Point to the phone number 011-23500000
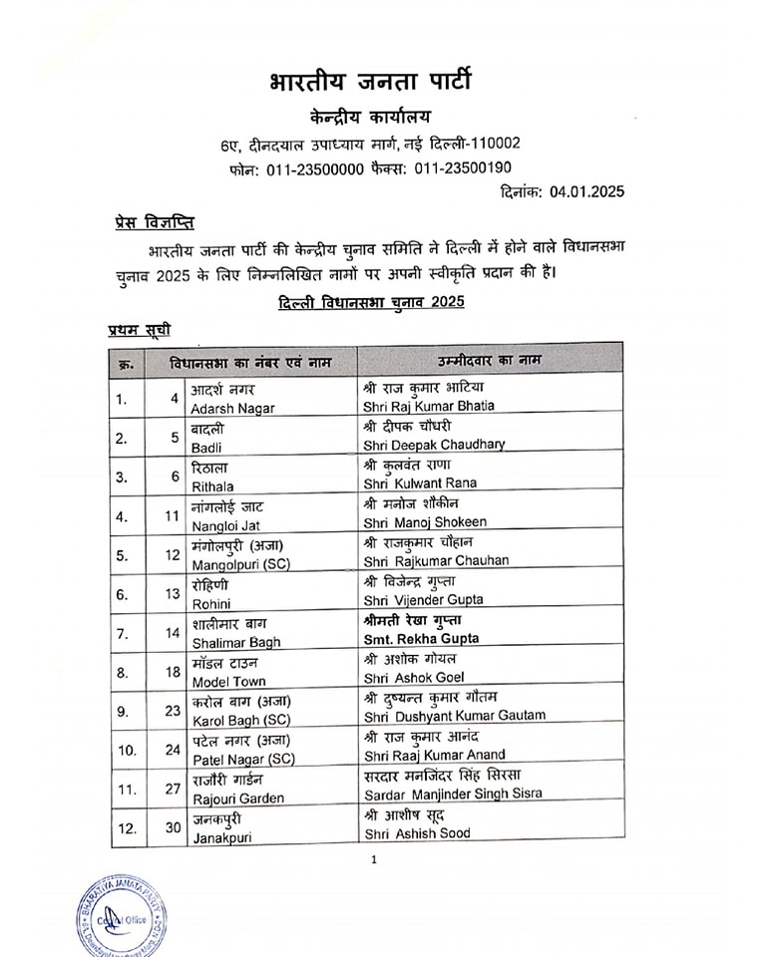[315, 168]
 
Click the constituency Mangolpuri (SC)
[239, 561]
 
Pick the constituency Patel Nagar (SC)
[238, 755]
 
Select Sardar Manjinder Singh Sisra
[452, 794]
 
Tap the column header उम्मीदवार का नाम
[486, 358]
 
